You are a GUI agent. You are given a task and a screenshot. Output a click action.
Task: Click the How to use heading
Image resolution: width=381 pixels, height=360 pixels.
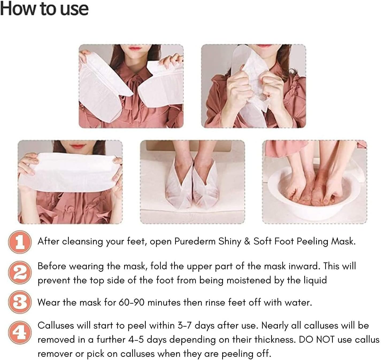tap(44, 9)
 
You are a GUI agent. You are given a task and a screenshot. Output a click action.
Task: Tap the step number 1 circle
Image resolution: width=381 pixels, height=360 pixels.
tap(20, 242)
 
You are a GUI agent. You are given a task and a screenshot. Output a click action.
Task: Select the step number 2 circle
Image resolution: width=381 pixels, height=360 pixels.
tap(20, 273)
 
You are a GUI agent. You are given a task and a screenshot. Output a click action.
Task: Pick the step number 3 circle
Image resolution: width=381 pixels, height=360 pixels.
tap(20, 302)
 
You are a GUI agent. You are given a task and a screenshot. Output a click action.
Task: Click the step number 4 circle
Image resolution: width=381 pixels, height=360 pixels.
tap(20, 333)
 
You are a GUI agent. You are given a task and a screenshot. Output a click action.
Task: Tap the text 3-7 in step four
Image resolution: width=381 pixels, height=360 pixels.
tap(185, 326)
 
